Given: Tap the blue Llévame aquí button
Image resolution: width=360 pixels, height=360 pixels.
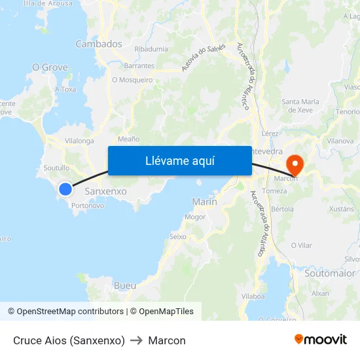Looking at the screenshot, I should tap(179, 161).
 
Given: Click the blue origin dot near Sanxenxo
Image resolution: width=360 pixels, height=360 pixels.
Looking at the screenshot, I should tap(65, 189).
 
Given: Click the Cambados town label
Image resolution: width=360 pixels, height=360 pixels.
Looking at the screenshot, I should tap(99, 44).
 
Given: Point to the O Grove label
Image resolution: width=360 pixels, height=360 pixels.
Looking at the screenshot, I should tap(50, 67).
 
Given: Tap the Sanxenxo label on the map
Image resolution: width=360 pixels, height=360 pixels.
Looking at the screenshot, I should tap(106, 191).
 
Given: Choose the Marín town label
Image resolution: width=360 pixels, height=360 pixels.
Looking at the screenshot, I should tap(205, 202).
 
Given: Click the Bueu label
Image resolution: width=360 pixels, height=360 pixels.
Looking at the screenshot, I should tap(125, 285).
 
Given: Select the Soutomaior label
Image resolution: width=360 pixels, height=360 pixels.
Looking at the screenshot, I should tap(330, 273).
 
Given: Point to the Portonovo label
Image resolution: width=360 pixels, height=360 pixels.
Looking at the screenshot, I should tap(88, 206).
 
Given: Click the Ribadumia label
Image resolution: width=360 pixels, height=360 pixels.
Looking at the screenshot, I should tap(151, 49).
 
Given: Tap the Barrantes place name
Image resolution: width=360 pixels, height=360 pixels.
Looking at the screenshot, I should tap(139, 65).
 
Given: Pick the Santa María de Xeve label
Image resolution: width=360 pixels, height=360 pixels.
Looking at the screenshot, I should tap(300, 106).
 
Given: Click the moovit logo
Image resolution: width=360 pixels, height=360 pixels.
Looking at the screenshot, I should tap(320, 340).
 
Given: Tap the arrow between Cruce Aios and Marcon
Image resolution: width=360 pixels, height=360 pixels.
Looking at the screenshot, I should tap(137, 340).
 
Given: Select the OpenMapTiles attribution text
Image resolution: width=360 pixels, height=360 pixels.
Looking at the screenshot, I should tap(165, 312).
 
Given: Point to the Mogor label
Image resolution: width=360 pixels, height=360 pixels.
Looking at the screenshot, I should tap(195, 217).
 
